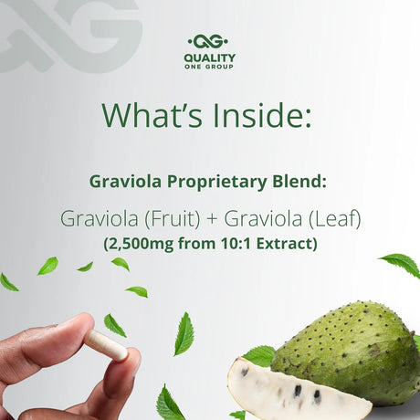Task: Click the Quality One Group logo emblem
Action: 210,42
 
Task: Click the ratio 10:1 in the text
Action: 238,244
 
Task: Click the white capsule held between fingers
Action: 105,344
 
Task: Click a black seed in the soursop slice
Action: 298,391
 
